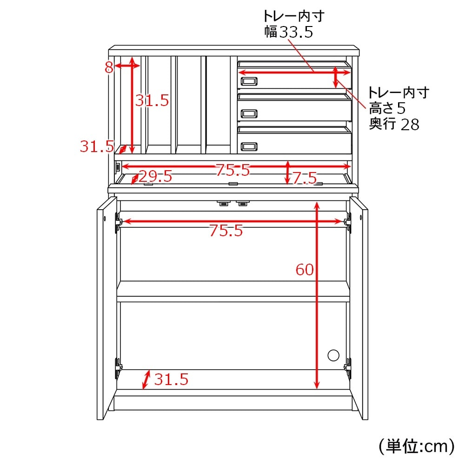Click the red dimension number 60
pos(305,270)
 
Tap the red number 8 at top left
pos(109,67)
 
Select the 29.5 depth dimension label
pos(155,176)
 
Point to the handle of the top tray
pos(249,81)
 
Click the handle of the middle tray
pos(249,113)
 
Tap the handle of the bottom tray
pos(249,146)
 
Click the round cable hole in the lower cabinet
pos(333,355)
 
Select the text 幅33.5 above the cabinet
pos(289,32)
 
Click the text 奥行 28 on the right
pos(394,124)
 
